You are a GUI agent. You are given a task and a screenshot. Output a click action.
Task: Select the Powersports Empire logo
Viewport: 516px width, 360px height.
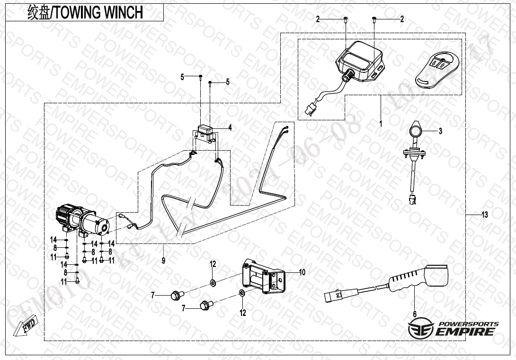click(x=454, y=328)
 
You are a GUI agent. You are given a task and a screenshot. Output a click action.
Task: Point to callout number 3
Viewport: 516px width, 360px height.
click(x=440, y=131)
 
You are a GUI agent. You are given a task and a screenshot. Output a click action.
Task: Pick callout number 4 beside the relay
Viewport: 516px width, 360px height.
click(x=230, y=127)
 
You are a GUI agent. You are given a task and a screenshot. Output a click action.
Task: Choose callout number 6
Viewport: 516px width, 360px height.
click(x=415, y=313)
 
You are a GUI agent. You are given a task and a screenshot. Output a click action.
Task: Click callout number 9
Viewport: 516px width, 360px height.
click(x=163, y=260)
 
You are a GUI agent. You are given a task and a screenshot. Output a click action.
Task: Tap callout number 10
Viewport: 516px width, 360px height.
click(x=302, y=272)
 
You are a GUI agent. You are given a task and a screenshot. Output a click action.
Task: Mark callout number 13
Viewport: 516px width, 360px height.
click(x=484, y=215)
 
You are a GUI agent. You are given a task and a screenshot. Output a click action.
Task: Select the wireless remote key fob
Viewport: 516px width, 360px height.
click(x=436, y=69)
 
